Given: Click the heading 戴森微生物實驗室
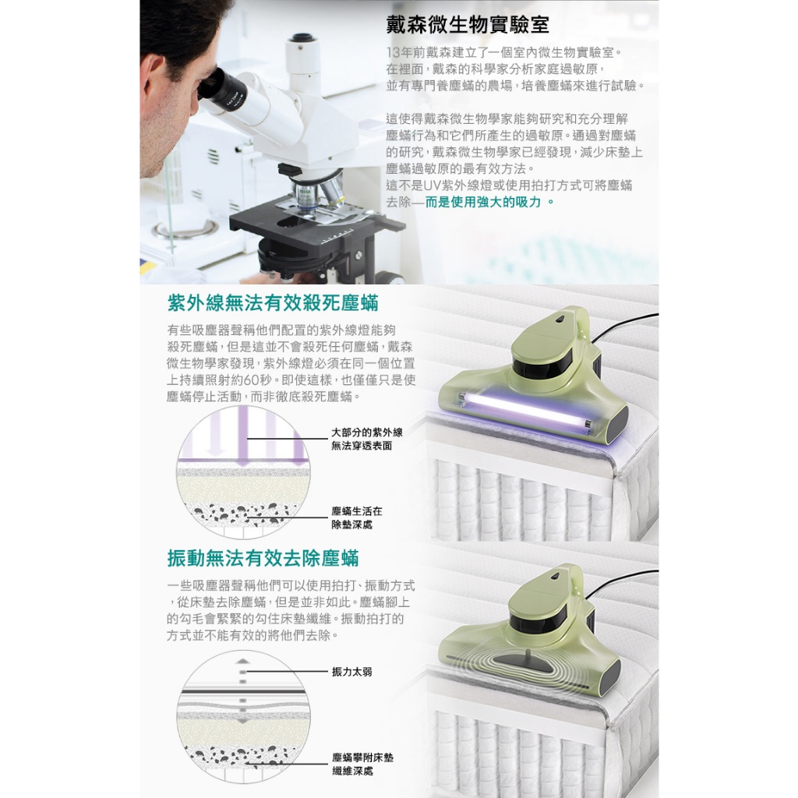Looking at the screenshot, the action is (468, 25).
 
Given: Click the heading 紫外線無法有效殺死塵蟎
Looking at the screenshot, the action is (273, 303).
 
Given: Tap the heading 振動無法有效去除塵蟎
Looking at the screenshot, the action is (263, 558).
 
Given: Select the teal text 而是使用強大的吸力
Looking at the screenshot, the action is (483, 202).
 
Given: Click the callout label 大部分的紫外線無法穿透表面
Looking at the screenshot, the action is (367, 440).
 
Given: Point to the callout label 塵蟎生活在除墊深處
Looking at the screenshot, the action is (357, 517).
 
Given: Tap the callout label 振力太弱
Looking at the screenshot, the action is (352, 672).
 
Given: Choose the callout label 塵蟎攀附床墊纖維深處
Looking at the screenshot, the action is (363, 764).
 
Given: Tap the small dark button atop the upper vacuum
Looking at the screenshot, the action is (560, 319).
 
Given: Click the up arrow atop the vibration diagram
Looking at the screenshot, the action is (243, 661).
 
